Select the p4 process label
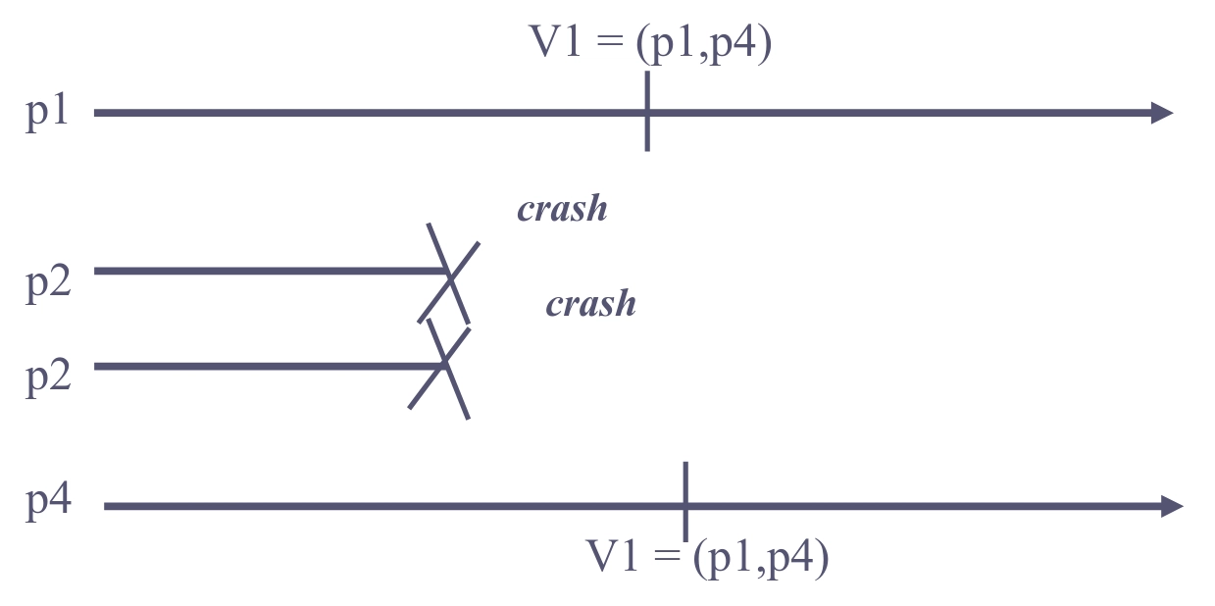tap(48, 502)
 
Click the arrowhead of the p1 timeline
tap(1162, 113)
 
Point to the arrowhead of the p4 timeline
tap(1172, 506)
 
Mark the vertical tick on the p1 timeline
tap(647, 112)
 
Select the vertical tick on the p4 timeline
tap(684, 501)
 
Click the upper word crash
tap(562, 209)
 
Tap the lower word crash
tap(590, 304)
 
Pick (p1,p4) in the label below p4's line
tap(760, 558)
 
